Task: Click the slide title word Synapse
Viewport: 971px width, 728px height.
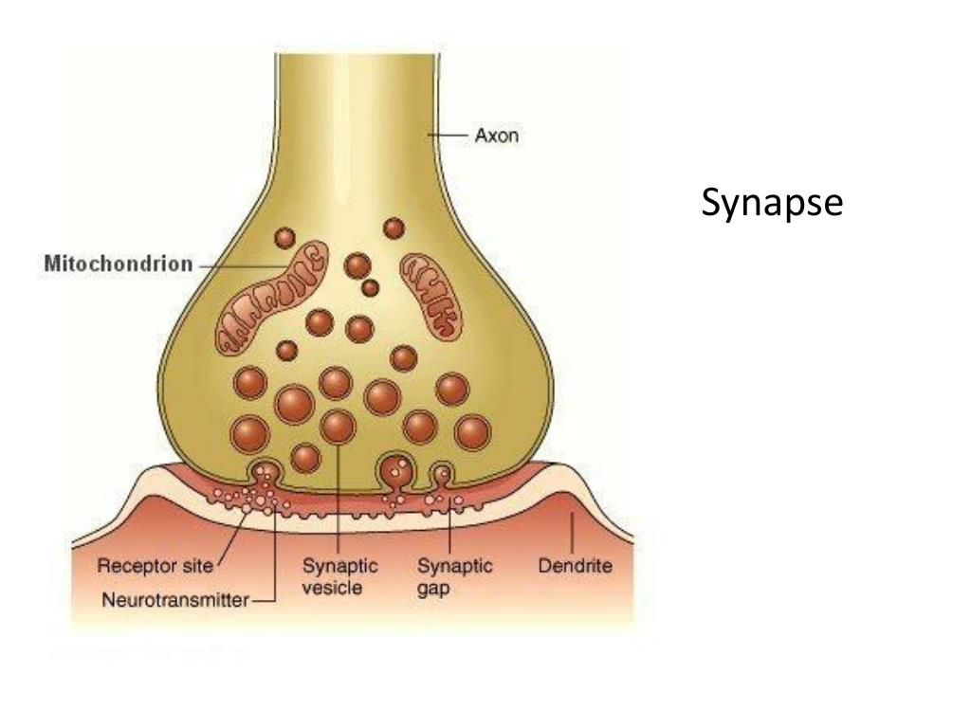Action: [x=772, y=203]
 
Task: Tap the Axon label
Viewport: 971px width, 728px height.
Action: [x=496, y=136]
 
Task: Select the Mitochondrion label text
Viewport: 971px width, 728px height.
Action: [x=119, y=264]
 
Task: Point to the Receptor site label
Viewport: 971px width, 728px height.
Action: [x=156, y=568]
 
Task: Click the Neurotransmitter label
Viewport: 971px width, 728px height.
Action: [x=174, y=599]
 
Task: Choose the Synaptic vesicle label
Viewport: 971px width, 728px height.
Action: [x=339, y=576]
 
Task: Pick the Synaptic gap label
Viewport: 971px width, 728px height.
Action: [x=455, y=576]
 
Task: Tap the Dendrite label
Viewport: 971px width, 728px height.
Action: [x=575, y=568]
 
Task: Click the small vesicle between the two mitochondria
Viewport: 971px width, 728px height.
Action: [x=371, y=286]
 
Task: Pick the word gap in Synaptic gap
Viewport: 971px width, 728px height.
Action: [x=433, y=588]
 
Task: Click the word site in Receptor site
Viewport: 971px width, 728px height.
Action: [x=200, y=568]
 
